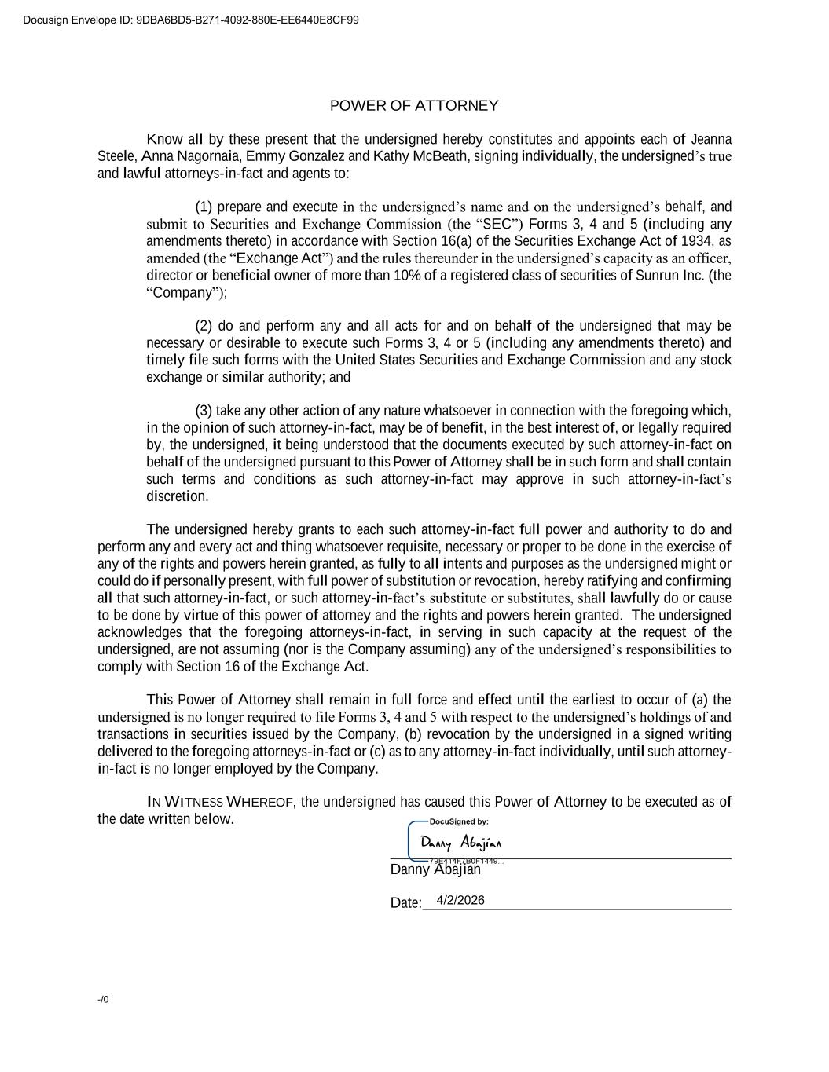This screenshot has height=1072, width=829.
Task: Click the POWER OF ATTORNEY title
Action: coord(414,106)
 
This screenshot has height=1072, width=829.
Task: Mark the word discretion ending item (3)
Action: coord(177,496)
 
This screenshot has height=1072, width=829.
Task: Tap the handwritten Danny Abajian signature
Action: coord(460,843)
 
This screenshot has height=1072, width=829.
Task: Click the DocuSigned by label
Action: coord(459,821)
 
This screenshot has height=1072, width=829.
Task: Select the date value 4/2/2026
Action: coord(460,900)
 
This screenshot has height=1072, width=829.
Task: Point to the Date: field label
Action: coord(405,903)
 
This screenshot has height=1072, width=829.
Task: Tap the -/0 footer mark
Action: coord(103,1000)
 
